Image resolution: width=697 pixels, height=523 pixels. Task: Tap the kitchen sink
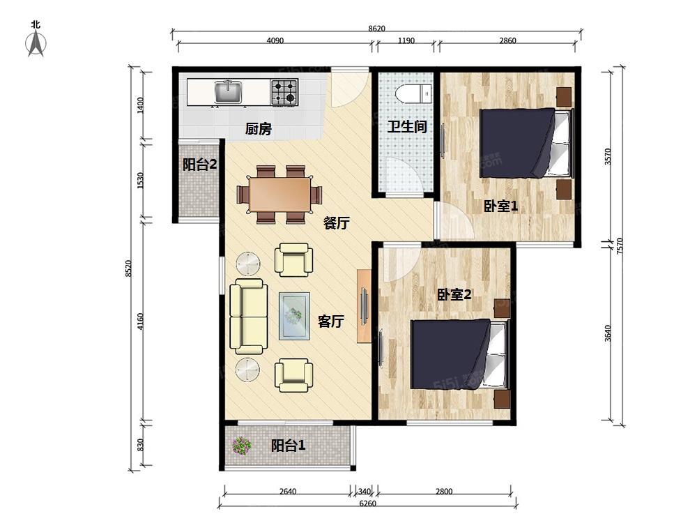pos(229,91)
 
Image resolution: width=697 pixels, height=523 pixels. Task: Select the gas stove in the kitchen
pos(284,92)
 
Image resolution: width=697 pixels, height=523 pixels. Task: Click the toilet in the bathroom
pos(413,93)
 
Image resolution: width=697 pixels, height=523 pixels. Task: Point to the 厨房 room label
pos(259,129)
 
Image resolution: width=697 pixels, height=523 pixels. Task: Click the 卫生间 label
pos(407,127)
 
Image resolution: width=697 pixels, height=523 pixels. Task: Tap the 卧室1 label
pos(500,206)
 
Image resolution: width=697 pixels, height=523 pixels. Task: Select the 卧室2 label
pos(454,294)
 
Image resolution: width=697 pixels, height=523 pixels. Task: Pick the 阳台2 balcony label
pos(199,165)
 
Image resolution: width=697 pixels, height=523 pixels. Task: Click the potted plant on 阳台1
pos(241,445)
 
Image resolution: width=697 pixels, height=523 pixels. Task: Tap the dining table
pos(279,195)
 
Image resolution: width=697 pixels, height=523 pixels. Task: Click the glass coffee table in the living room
pos(294,316)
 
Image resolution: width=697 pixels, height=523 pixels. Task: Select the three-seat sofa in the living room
pos(249,316)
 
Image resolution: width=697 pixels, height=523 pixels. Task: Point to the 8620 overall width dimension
pos(376,29)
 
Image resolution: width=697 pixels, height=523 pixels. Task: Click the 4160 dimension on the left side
pos(141,321)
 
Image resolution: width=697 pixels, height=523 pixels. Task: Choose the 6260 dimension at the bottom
pos(367,503)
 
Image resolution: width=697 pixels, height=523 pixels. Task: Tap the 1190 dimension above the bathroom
pos(406,40)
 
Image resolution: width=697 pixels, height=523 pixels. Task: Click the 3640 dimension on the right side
pos(608,333)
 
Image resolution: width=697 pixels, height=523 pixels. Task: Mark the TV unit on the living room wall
pos(365,306)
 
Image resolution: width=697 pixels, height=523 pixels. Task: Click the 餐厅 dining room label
pos(336,223)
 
